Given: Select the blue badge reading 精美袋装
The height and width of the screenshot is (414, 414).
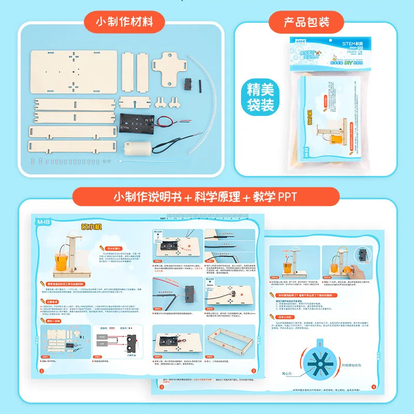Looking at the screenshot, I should (x=261, y=98).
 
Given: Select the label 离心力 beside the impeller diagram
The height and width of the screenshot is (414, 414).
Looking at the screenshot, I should (x=290, y=372).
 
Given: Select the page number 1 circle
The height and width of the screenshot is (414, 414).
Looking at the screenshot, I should (x=42, y=371).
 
